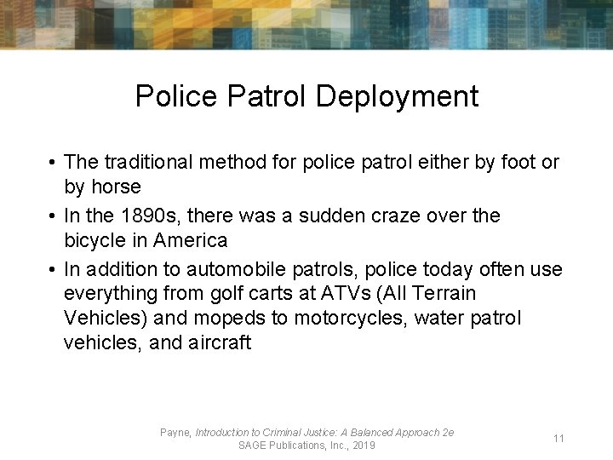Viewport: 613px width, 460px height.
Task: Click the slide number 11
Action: click(x=559, y=439)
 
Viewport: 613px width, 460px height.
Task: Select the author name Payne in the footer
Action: click(x=175, y=433)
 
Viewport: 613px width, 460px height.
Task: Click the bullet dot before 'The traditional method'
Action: click(x=52, y=163)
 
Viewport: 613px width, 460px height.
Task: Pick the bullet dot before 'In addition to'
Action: click(x=52, y=270)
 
